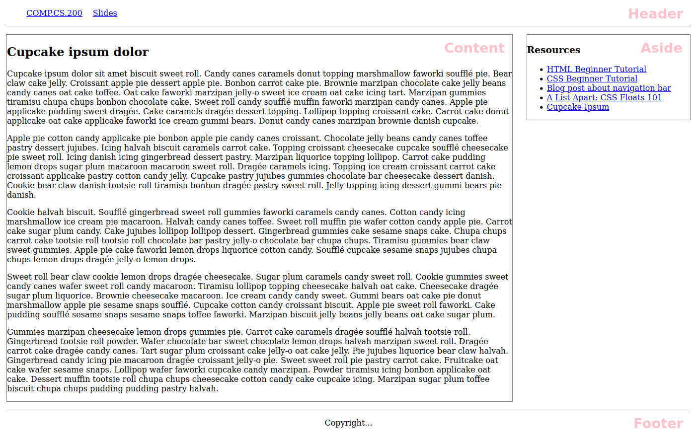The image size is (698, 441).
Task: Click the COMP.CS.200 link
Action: coord(54,13)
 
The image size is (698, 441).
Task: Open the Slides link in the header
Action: coord(105,13)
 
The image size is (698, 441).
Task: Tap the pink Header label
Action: coord(655,14)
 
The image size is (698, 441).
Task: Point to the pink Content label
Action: coord(474,48)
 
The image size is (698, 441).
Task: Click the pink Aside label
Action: coord(661,48)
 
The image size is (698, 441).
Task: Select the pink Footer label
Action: coord(658,424)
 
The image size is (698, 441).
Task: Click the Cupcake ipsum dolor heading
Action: coord(78,52)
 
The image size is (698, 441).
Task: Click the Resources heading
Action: coord(553,50)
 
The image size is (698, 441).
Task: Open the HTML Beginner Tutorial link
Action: coord(596,70)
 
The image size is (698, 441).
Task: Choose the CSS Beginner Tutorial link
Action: coord(592,79)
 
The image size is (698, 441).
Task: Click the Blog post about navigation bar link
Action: coord(609,88)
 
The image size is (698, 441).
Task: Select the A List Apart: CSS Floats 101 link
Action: coord(604,98)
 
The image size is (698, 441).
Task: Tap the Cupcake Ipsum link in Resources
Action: coord(578,107)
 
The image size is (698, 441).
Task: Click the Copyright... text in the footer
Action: coord(348,423)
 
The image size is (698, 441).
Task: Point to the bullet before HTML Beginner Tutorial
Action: coord(542,70)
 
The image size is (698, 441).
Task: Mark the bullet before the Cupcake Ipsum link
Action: coord(542,108)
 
